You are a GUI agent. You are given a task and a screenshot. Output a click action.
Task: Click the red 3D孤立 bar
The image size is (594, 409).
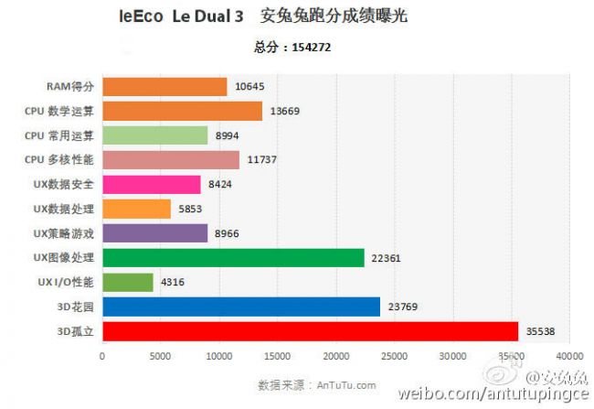[310, 331]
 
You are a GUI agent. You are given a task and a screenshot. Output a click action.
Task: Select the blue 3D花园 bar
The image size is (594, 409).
[241, 307]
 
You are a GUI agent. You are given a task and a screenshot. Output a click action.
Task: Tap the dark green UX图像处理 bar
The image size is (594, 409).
[233, 258]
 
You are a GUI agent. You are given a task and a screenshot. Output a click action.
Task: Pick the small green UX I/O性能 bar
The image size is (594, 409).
[128, 282]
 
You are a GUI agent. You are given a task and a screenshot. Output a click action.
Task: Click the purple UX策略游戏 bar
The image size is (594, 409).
[155, 233]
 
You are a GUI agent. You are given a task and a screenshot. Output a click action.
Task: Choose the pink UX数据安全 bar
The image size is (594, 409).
[152, 185]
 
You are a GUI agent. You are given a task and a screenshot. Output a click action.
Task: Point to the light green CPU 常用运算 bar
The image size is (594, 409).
[155, 135]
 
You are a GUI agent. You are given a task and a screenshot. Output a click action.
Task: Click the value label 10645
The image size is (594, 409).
[249, 87]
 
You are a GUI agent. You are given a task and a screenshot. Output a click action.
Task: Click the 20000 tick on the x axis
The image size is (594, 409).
[336, 356]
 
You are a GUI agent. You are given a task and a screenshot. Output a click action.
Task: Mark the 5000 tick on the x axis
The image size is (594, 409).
[160, 356]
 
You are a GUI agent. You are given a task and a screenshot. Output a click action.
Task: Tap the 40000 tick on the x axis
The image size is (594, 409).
[569, 356]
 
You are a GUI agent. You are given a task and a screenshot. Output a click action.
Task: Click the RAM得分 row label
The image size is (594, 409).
[71, 87]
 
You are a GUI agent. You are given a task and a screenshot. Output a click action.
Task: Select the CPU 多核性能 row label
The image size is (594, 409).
[61, 160]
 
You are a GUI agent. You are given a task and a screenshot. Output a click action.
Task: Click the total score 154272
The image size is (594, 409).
[312, 48]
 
